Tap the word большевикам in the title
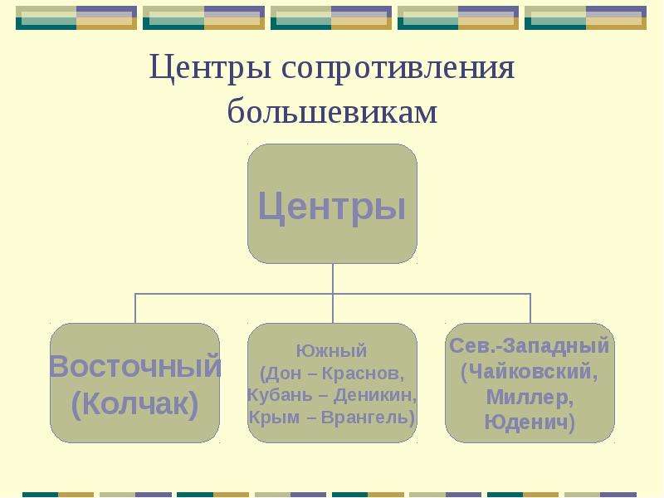(333, 111)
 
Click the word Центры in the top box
(333, 206)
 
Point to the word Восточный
(135, 366)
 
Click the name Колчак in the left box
(135, 403)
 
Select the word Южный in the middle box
(331, 350)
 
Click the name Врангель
(365, 417)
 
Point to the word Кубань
(280, 395)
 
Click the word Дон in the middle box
(283, 373)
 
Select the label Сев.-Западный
(530, 346)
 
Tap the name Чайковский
(530, 372)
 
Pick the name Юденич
(526, 422)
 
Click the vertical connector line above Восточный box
(135, 308)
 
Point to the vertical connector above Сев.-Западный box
(530, 308)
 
